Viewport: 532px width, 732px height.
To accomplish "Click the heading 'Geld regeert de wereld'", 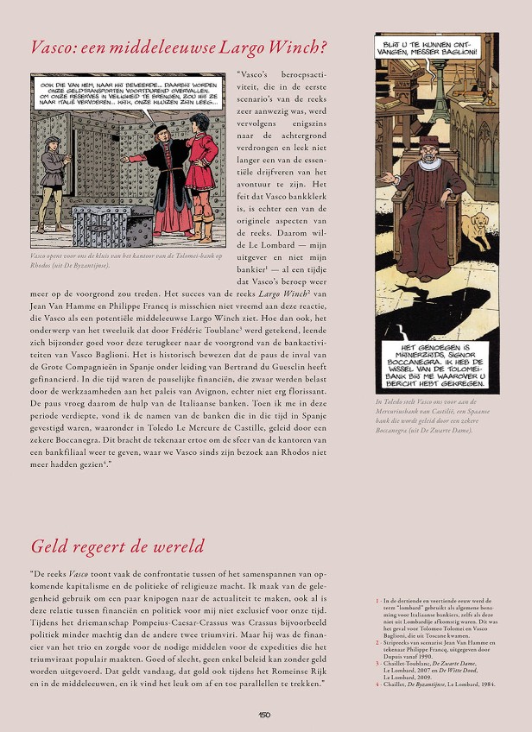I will coord(117,546).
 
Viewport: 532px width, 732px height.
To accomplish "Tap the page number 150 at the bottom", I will coord(265,714).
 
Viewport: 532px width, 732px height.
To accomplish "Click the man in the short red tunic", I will coord(201,173).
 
